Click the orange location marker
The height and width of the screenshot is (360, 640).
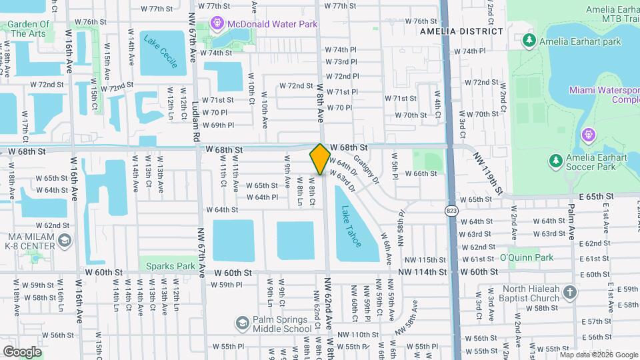[x=320, y=159]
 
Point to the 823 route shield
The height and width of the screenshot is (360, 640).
[x=451, y=211]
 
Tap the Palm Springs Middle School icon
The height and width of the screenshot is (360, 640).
[x=241, y=323]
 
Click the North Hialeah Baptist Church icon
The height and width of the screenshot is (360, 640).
[x=569, y=293]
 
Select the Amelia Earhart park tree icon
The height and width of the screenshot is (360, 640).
[x=529, y=41]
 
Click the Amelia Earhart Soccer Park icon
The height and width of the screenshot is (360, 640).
[x=555, y=161]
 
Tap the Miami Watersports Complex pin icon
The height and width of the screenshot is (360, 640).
[x=587, y=135]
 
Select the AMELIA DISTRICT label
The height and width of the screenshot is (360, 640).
[x=461, y=31]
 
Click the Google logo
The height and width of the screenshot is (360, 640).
[x=22, y=351]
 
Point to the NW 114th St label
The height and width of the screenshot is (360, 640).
[x=421, y=272]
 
